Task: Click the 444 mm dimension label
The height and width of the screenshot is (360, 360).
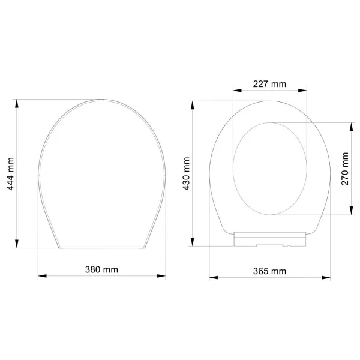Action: pos(11,174)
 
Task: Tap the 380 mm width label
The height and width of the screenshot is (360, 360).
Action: pos(101,269)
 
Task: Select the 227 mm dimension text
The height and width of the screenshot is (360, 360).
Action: pos(269,84)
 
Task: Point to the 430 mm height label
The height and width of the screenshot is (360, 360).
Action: pos(186,173)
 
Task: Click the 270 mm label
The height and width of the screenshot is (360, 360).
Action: pos(345,169)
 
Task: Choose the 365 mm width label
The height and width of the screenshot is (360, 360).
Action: pos(269,271)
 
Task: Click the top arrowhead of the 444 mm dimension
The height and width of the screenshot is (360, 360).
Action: pos(17,104)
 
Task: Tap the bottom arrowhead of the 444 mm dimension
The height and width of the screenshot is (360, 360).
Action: pos(17,244)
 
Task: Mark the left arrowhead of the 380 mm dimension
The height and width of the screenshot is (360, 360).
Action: pos(42,276)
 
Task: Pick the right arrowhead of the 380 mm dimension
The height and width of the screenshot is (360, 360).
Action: pos(161,276)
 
